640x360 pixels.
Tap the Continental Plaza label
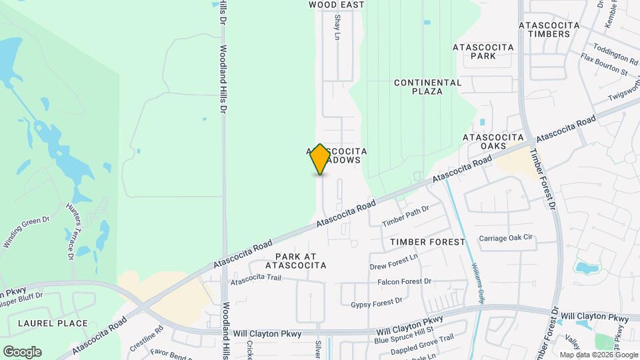pos(427,87)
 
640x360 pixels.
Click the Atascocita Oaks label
pos(494,141)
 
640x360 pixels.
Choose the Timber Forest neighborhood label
pos(427,242)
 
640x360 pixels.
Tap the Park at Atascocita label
pos(296,261)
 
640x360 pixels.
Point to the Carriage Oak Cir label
pos(507,238)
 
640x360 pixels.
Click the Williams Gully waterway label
pos(478,283)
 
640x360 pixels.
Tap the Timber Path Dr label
pos(405,215)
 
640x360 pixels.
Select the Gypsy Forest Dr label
pos(377,302)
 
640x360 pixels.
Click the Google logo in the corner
pos(22,352)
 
